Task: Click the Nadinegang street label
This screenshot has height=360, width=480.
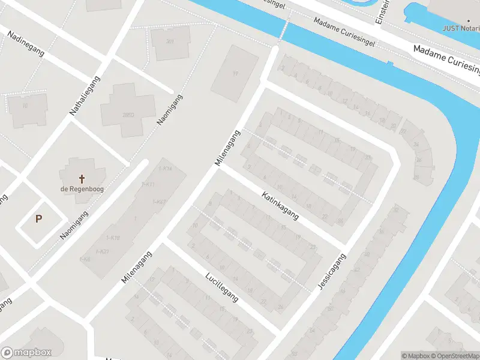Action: pos(26,43)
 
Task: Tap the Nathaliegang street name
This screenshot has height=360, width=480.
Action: pos(85,95)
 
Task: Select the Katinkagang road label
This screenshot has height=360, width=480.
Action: pos(280,206)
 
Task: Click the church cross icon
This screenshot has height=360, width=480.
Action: pos(82,179)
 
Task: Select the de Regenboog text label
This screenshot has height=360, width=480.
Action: pos(82,190)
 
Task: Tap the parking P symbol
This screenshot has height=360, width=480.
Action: pos(39,219)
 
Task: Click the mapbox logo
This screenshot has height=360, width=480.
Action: pos(26,353)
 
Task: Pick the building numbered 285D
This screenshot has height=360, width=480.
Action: pos(127,115)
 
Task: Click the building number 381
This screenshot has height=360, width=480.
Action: pos(170,41)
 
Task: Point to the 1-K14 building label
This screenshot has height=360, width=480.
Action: pos(165,169)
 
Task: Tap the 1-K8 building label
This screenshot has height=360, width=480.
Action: pos(85,259)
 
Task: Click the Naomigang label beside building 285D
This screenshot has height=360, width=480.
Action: pos(170,110)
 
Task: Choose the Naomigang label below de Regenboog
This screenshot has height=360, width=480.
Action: pos(74,226)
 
